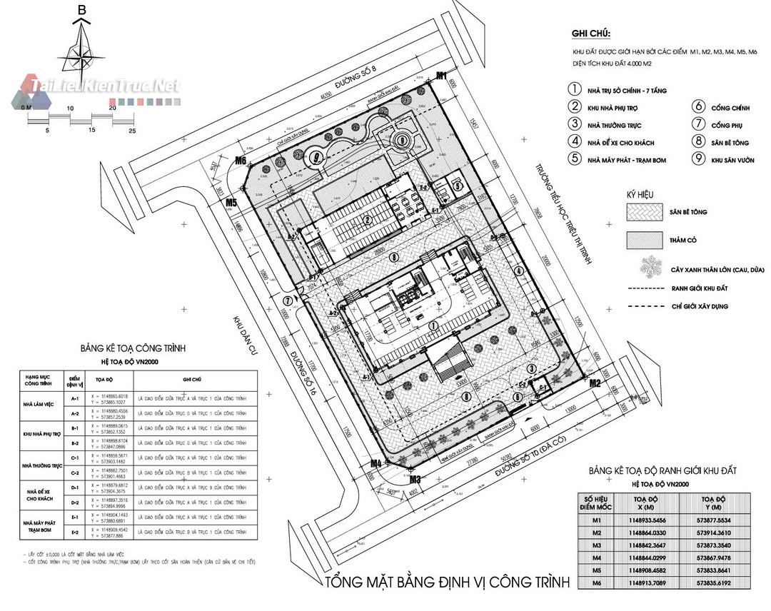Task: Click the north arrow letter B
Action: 82,10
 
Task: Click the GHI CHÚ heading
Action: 591,34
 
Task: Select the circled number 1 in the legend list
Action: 573,90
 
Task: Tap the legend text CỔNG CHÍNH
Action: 730,108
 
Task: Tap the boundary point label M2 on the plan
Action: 594,383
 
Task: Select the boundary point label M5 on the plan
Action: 231,203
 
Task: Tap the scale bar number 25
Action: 131,131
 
